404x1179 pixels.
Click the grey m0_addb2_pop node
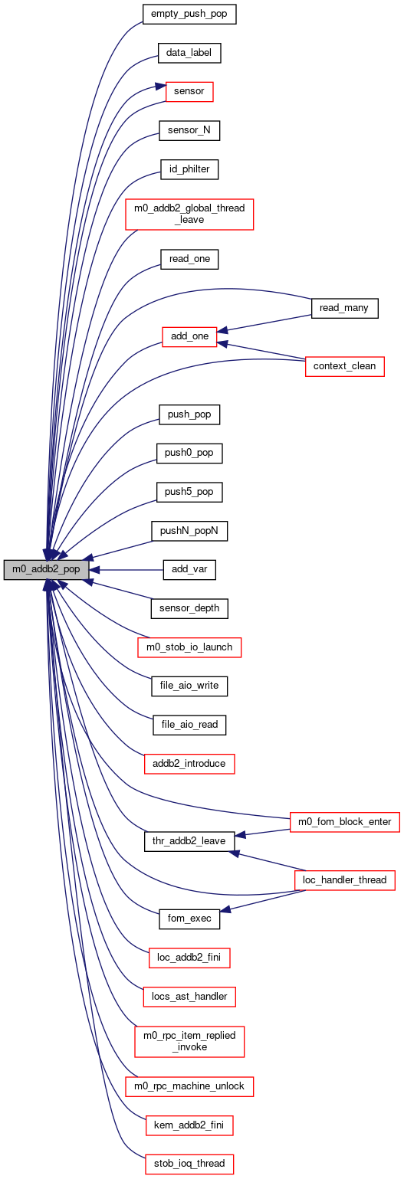(46, 569)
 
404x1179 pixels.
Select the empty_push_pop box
(189, 14)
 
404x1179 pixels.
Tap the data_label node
(189, 53)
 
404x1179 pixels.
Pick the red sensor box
(189, 92)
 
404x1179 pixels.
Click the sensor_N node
(189, 130)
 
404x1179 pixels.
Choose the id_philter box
(189, 169)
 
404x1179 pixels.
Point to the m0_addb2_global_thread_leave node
(189, 215)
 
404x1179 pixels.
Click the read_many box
(344, 308)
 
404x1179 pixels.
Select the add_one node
(189, 336)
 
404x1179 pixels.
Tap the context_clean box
(344, 366)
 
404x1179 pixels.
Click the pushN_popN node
(189, 531)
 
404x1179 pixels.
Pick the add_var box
(189, 569)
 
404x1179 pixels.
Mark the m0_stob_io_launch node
(189, 647)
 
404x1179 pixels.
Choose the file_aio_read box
(189, 725)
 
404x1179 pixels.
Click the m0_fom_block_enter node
(344, 822)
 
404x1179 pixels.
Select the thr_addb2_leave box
(189, 841)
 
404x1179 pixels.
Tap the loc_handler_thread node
(344, 880)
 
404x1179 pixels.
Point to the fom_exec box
(189, 919)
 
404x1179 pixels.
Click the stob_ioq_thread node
(189, 1163)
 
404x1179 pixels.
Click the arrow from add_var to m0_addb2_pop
(126, 569)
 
